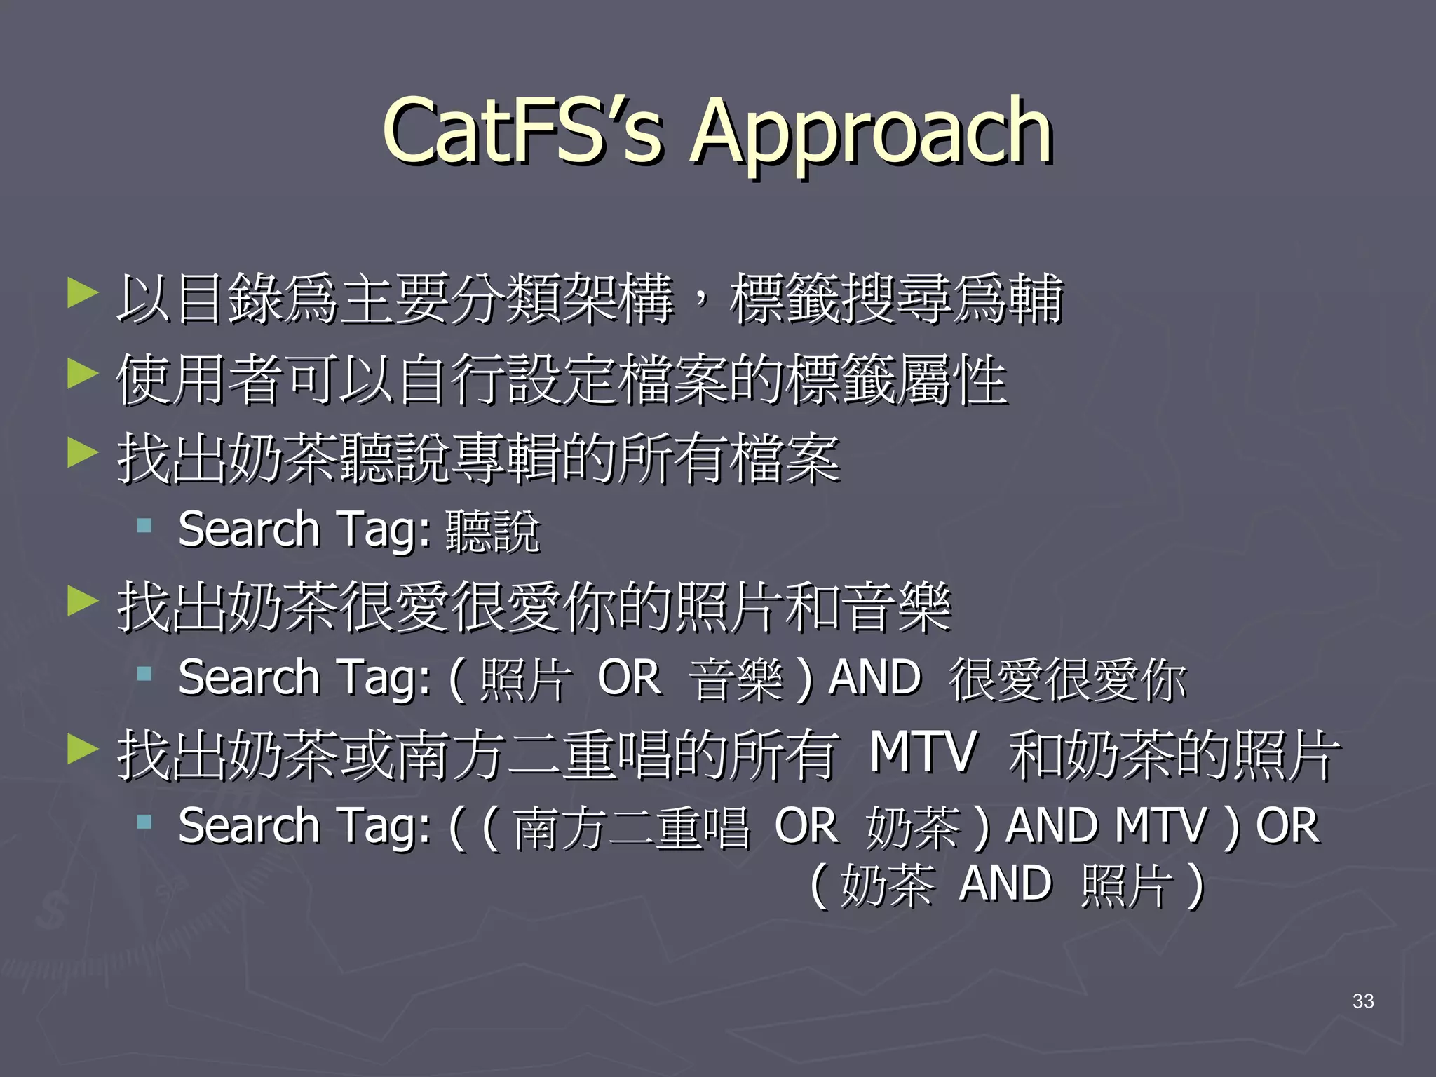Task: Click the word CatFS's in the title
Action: [x=522, y=131]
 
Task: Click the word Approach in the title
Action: [x=871, y=135]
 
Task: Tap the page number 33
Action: [x=1363, y=1001]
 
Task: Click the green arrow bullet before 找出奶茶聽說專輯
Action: [x=82, y=452]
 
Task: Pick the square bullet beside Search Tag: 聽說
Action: [x=145, y=526]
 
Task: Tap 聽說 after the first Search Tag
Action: [x=492, y=531]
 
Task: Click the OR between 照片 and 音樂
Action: [x=629, y=678]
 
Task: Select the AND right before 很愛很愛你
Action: [x=874, y=678]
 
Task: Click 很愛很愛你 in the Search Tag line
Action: [x=1066, y=681]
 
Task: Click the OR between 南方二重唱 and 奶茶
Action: [x=806, y=826]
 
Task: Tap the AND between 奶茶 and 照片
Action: [x=1005, y=883]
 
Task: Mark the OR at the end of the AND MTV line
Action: [x=1287, y=826]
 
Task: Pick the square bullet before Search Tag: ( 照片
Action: [x=145, y=675]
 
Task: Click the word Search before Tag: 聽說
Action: [x=249, y=529]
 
